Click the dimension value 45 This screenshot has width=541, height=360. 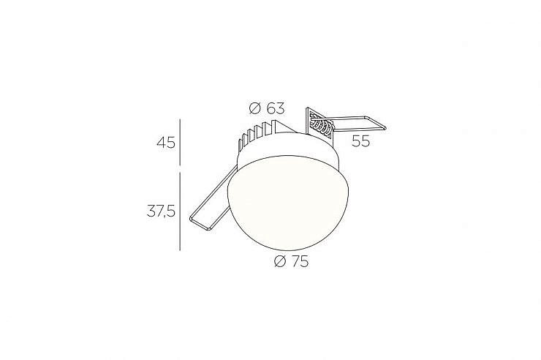click(166, 142)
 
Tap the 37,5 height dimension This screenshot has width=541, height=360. click(161, 211)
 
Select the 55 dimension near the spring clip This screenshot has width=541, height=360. click(360, 140)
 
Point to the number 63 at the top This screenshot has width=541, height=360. click(276, 108)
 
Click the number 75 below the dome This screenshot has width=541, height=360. click(300, 262)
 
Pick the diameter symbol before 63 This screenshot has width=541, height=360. click(254, 109)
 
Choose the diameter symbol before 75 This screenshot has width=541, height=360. click(280, 263)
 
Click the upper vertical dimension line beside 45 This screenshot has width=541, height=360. click(181, 142)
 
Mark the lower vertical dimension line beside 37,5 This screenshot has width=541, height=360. click(180, 211)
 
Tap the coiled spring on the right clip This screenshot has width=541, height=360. click(322, 126)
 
